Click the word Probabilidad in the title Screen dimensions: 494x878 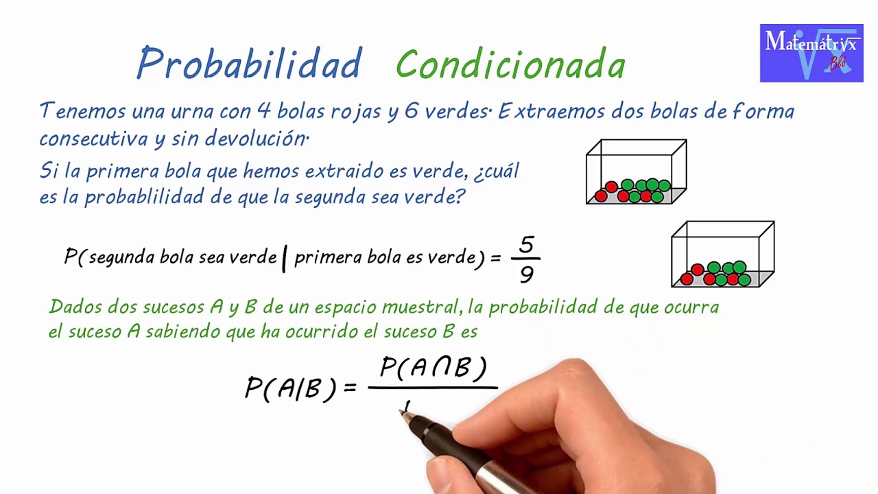point(248,64)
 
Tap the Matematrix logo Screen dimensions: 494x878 point(811,54)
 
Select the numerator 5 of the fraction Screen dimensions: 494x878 point(526,245)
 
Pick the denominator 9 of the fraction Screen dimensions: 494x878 point(526,274)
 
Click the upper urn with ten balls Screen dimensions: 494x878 point(636,172)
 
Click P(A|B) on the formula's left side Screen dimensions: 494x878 point(291,388)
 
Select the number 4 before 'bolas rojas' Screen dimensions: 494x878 point(263,110)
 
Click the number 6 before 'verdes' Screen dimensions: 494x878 point(411,110)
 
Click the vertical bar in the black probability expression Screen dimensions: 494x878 point(284,259)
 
